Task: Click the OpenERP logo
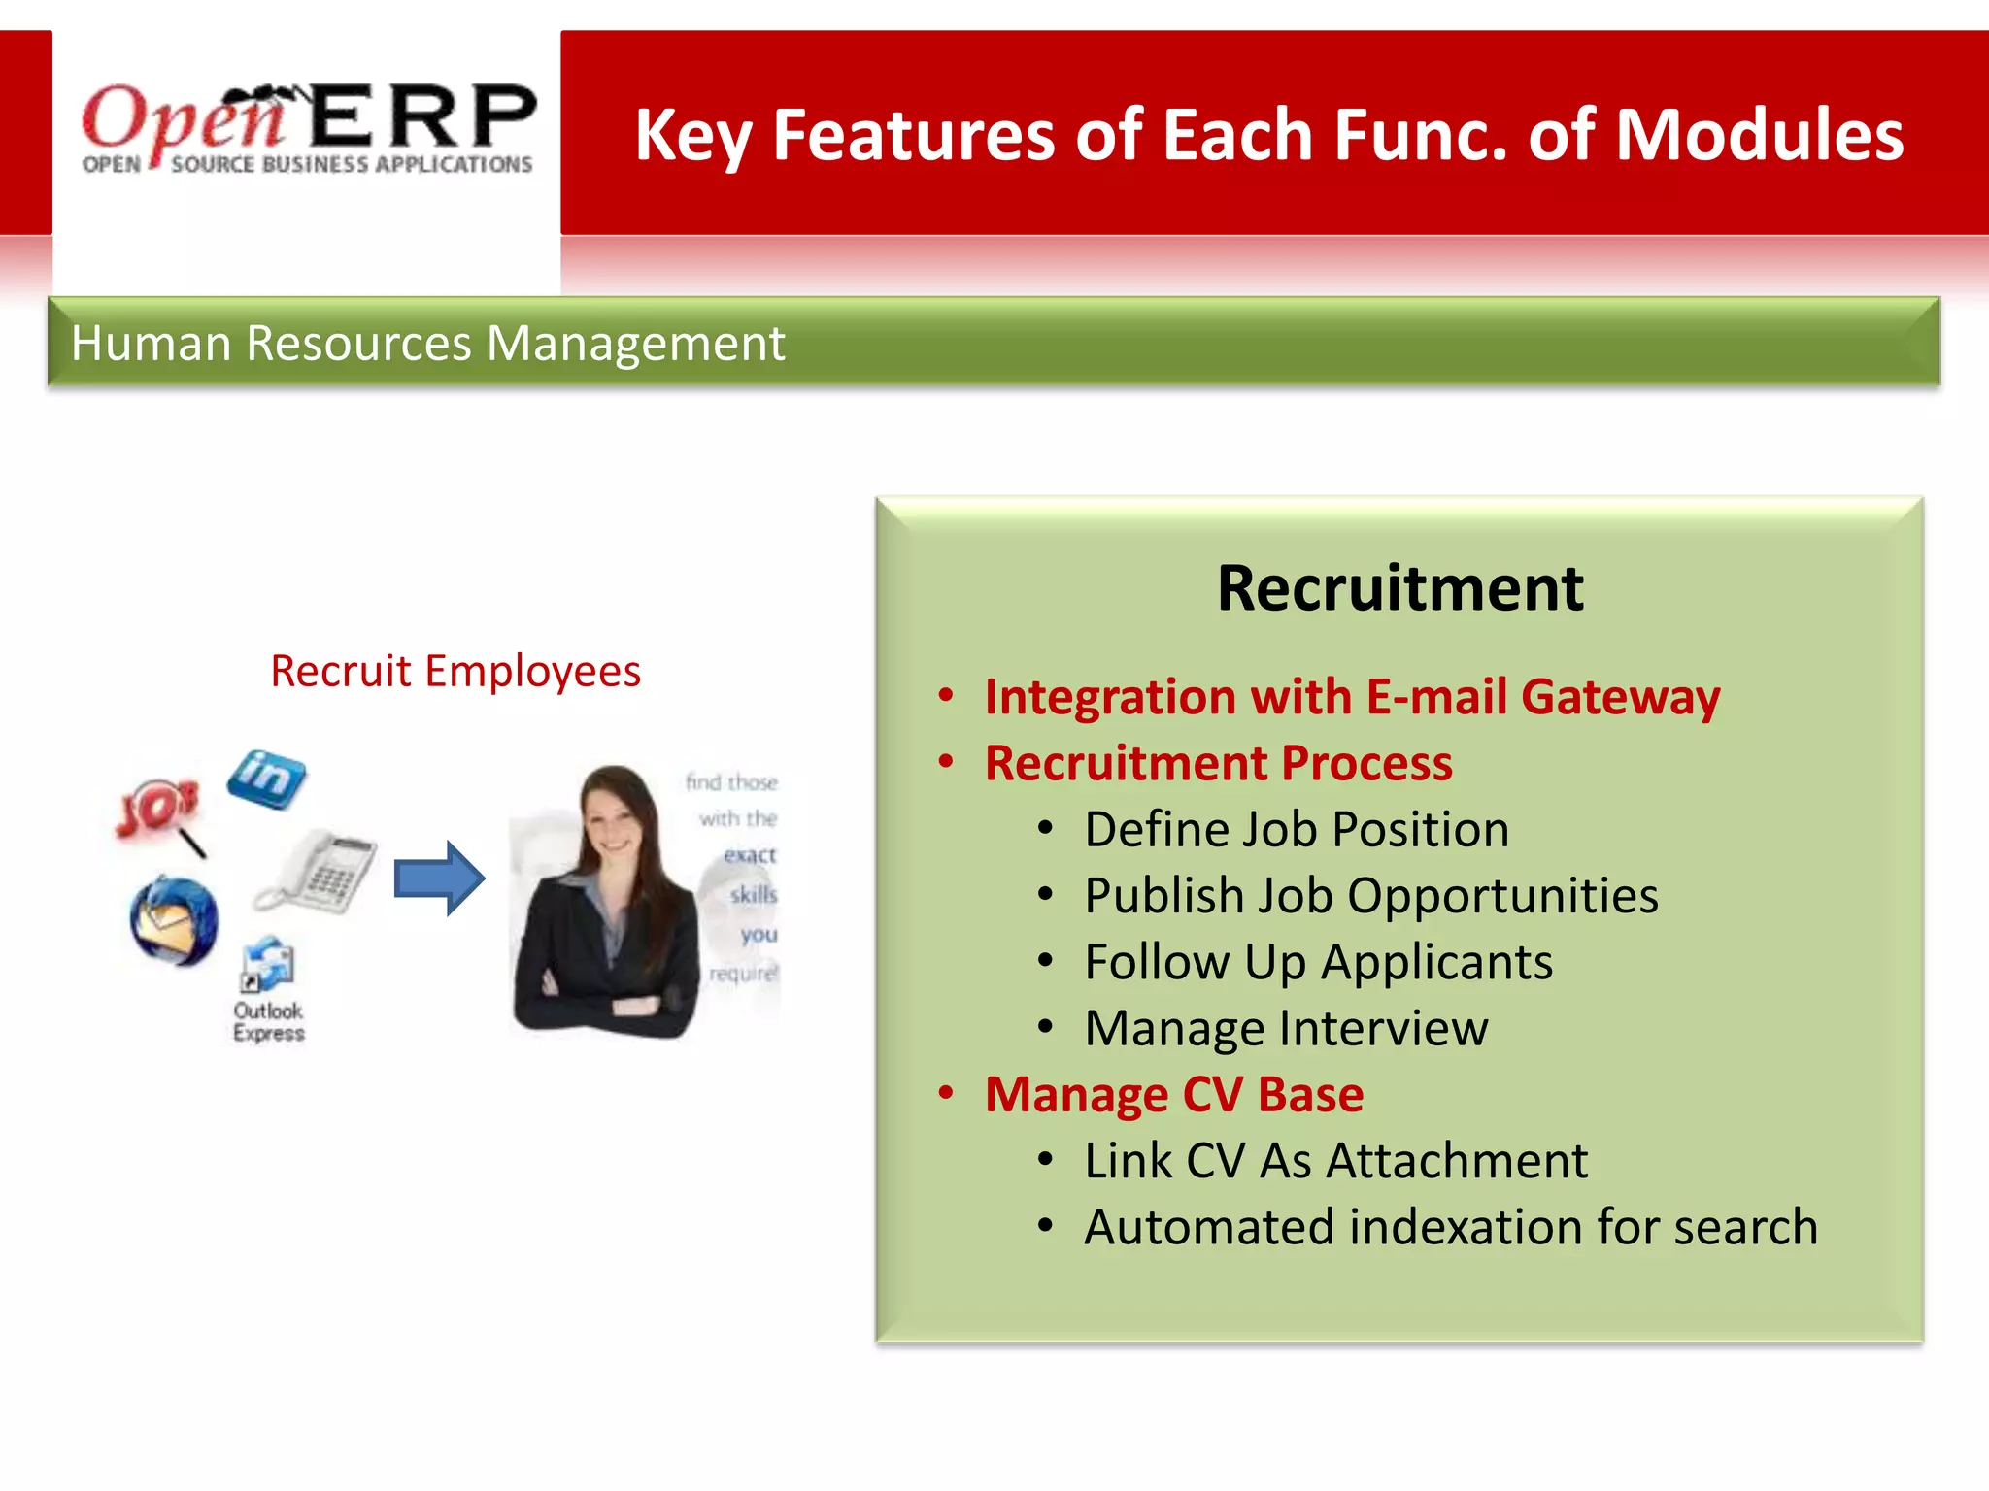tap(308, 129)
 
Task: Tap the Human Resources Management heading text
tap(427, 344)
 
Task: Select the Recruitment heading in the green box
tap(1399, 588)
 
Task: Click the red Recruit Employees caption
tap(455, 672)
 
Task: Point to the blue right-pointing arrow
tap(439, 878)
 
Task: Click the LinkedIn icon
tap(266, 778)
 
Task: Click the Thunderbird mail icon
tap(175, 920)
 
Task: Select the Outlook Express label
tap(268, 1022)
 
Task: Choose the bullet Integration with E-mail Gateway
tap(1351, 697)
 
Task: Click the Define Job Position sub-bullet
tap(1296, 830)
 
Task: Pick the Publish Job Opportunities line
tap(1370, 896)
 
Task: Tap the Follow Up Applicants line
tap(1318, 962)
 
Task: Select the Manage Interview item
tap(1285, 1028)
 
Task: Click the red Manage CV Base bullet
tap(1173, 1094)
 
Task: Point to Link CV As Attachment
tap(1335, 1161)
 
